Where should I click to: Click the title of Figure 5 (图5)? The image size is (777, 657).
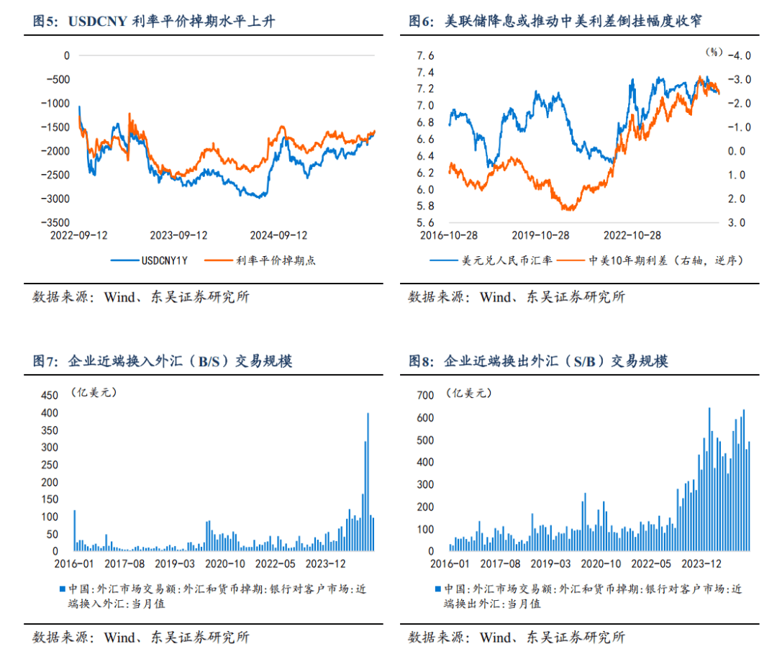[154, 22]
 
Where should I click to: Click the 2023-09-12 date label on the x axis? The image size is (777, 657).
[178, 235]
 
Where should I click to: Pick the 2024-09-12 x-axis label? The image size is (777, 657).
[278, 235]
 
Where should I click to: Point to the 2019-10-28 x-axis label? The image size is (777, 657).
[540, 235]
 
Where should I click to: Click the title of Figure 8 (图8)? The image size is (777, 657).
[538, 361]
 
